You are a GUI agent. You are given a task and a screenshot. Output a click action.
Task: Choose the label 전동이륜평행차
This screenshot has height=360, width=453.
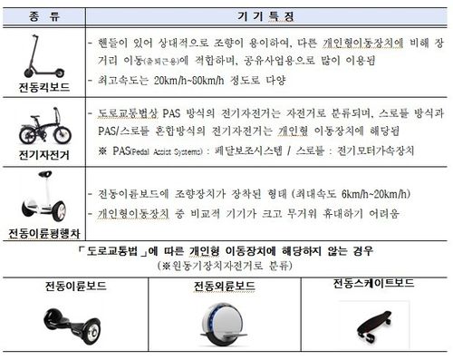(44, 231)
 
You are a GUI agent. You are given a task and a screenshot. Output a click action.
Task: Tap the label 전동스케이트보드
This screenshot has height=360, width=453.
(373, 283)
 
